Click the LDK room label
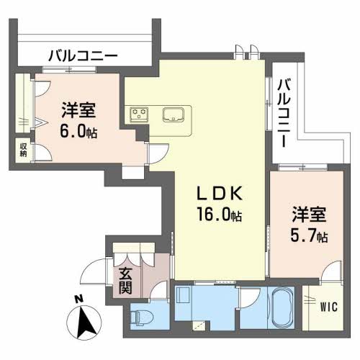tap(219, 194)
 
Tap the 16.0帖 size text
tap(219, 214)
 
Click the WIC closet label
tap(329, 307)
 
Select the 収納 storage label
tap(23, 150)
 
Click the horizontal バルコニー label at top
tap(83, 56)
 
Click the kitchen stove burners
tap(139, 114)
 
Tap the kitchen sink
tap(174, 114)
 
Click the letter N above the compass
tap(78, 299)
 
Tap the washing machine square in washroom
tap(184, 296)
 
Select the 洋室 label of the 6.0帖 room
tap(78, 110)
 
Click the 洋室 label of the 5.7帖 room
tap(309, 215)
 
